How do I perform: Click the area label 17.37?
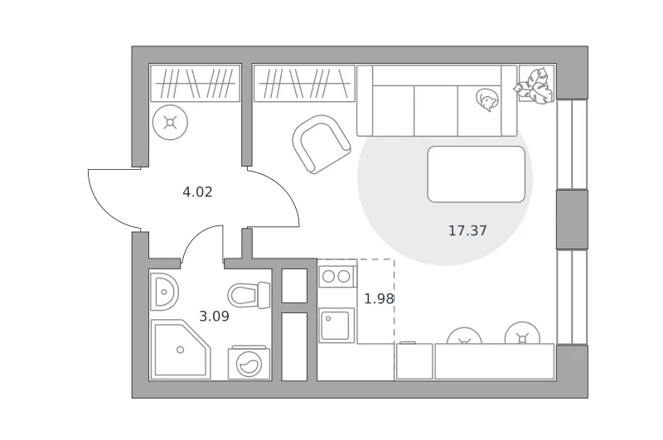467,231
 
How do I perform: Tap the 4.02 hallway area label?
197,192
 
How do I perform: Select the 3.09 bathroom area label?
214,317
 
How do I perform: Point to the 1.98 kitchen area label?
380,299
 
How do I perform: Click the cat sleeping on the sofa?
487,99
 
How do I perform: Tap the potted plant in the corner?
534,86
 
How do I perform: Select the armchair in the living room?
322,144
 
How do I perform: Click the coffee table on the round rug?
476,174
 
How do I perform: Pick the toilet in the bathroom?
249,295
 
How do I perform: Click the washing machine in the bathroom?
249,363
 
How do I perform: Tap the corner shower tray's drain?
181,350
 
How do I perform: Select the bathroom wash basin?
164,292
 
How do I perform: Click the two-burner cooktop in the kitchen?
337,277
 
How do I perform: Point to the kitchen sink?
336,325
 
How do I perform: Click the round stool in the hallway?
170,123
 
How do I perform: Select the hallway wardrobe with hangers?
195,83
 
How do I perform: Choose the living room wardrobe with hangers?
304,83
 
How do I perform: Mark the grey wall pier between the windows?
572,220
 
